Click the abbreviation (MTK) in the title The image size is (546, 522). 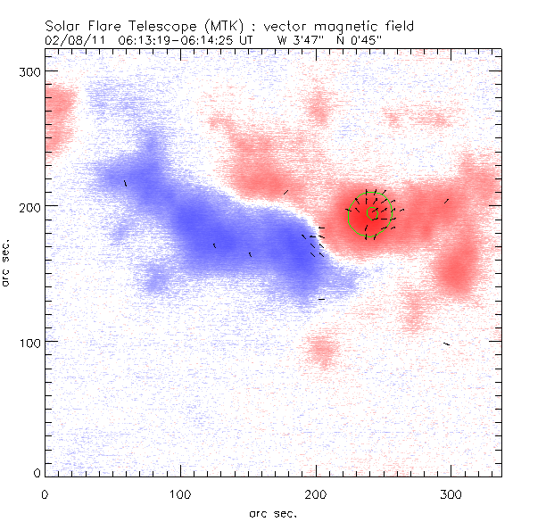(x=223, y=26)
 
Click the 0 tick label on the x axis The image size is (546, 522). (x=45, y=493)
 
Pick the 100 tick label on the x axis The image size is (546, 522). (x=180, y=493)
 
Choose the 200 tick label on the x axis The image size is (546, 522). (x=316, y=493)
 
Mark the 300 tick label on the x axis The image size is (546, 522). (x=451, y=493)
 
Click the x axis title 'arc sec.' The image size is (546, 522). (x=273, y=512)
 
